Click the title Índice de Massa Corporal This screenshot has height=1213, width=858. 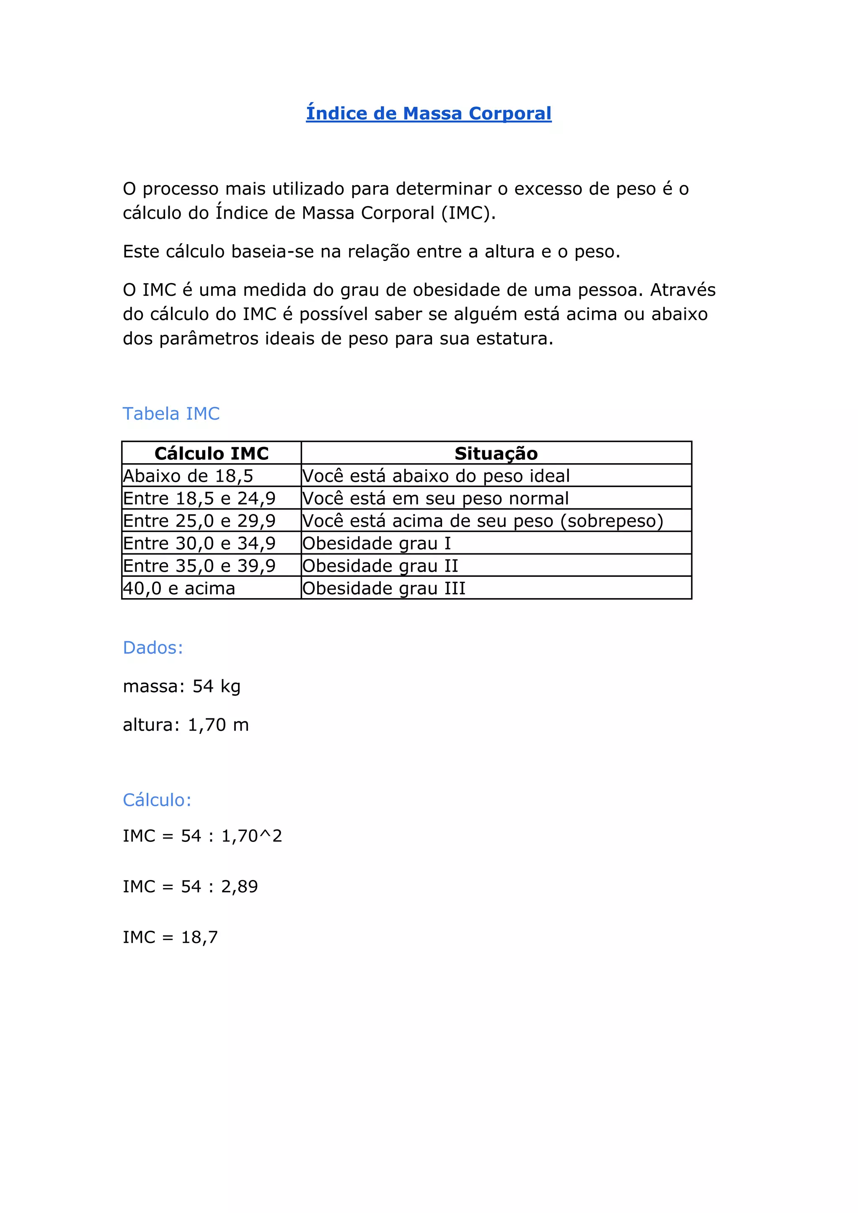[429, 114]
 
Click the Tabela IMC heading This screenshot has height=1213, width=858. [171, 414]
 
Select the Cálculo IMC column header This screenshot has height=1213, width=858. [211, 453]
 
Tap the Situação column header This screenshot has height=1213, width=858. [496, 453]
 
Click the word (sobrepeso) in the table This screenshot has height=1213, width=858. [611, 521]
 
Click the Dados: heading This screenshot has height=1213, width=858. [152, 648]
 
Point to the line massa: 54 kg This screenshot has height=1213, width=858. [182, 686]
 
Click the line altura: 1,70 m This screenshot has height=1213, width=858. [186, 725]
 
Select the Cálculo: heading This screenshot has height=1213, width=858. [157, 800]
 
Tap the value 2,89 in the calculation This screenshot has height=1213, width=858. [239, 887]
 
